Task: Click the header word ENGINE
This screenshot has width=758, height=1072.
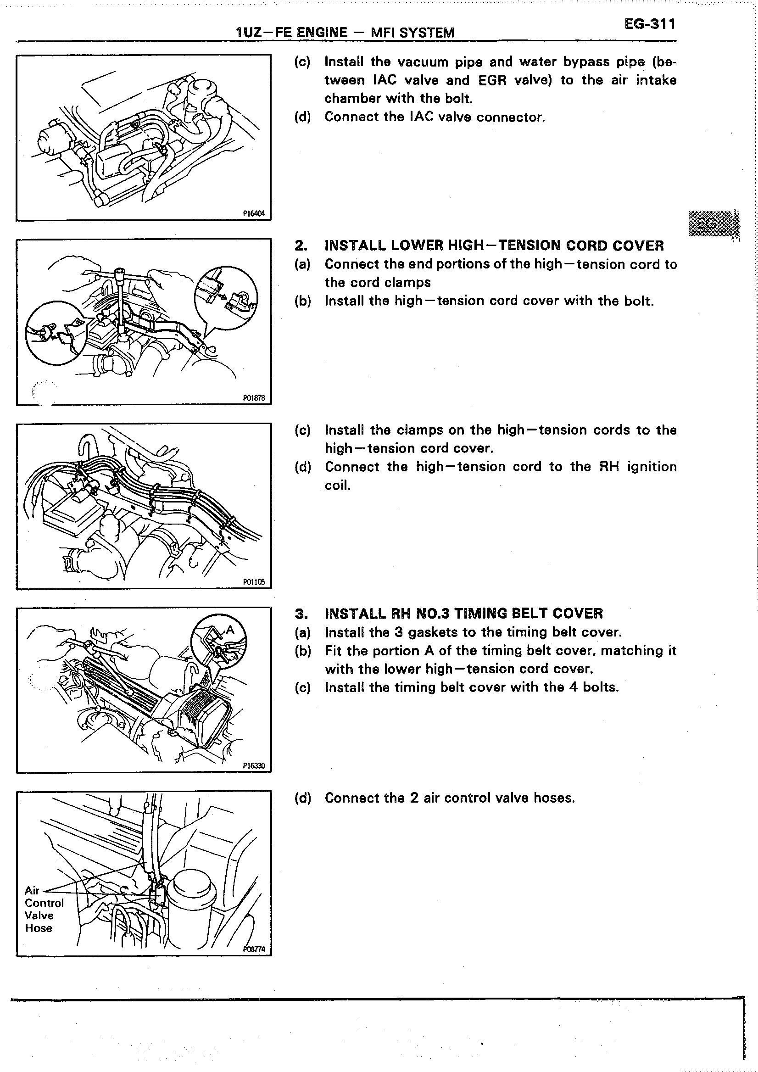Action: click(322, 33)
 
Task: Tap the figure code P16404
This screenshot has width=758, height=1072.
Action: click(254, 214)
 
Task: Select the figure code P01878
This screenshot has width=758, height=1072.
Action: click(254, 398)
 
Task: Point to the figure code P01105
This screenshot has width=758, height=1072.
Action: click(254, 582)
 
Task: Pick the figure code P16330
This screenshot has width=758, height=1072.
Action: click(254, 766)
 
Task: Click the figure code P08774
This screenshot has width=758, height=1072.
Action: click(254, 949)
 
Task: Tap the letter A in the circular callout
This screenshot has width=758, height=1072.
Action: click(229, 631)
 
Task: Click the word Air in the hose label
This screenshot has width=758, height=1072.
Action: click(32, 890)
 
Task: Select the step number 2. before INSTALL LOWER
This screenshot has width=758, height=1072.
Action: click(301, 246)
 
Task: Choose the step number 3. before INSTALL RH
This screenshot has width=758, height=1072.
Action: click(301, 614)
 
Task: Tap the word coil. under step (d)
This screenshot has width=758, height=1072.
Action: click(337, 486)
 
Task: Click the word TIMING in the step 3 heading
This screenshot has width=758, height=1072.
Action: click(480, 614)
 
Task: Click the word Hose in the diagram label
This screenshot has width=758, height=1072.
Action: click(39, 928)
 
